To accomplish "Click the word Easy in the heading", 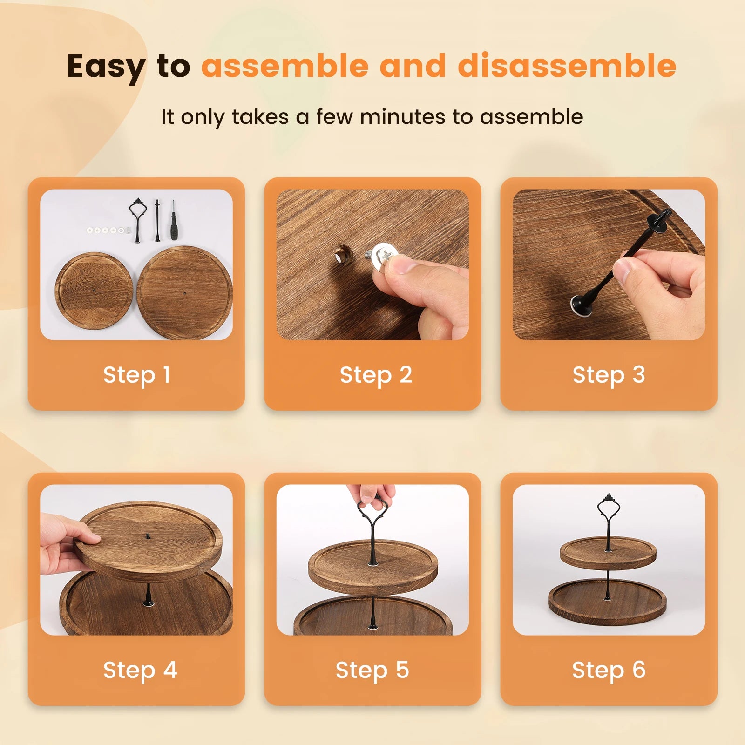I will (x=106, y=67).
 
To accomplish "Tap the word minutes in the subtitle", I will (x=402, y=117).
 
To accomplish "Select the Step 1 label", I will (x=136, y=375).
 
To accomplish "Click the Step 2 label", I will (x=375, y=375).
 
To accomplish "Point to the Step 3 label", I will (x=609, y=375).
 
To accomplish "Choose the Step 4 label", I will (x=140, y=670).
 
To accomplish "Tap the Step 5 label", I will (x=372, y=670).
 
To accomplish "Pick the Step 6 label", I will (x=609, y=670).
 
